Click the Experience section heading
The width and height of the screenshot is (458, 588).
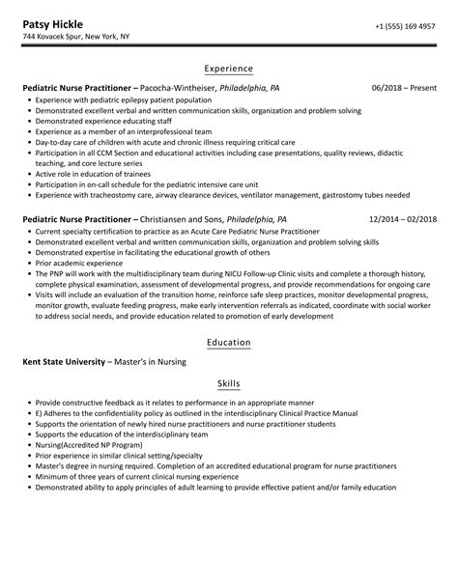coord(229,69)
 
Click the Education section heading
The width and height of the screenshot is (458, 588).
coord(229,343)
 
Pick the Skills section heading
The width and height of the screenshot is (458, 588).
coord(229,382)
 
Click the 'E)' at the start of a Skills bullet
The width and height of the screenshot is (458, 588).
coord(36,412)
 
